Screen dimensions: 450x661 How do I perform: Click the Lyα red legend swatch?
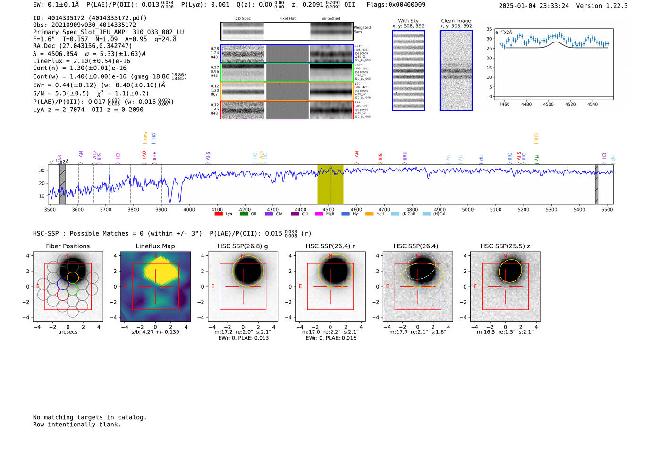pyautogui.click(x=219, y=214)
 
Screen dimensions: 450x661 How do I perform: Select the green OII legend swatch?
pyautogui.click(x=244, y=214)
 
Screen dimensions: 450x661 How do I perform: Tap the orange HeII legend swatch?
pyautogui.click(x=369, y=214)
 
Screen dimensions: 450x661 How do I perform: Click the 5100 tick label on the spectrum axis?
pyautogui.click(x=496, y=209)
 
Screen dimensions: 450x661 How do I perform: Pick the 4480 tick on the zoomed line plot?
pyautogui.click(x=526, y=104)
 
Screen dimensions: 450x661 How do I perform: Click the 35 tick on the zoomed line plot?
pyautogui.click(x=489, y=29)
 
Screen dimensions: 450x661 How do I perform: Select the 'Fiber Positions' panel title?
pyautogui.click(x=68, y=246)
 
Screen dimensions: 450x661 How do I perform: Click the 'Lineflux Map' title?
pyautogui.click(x=155, y=246)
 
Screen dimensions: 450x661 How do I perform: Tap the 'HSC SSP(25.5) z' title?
pyautogui.click(x=505, y=246)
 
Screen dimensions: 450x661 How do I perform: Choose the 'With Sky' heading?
pyautogui.click(x=408, y=21)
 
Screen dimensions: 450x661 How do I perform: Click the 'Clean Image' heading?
pyautogui.click(x=456, y=21)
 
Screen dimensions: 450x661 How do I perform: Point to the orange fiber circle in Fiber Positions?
pyautogui.click(x=73, y=277)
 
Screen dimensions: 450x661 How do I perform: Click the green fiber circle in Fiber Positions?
pyautogui.click(x=72, y=289)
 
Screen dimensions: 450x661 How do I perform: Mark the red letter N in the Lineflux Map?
pyautogui.click(x=155, y=256)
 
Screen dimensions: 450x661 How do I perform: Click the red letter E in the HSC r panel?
pyautogui.click(x=300, y=286)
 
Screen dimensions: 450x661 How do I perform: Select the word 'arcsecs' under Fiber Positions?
pyautogui.click(x=68, y=332)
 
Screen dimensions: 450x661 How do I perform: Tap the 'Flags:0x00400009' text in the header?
pyautogui.click(x=396, y=4)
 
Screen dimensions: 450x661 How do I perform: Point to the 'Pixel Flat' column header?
pyautogui.click(x=287, y=18)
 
